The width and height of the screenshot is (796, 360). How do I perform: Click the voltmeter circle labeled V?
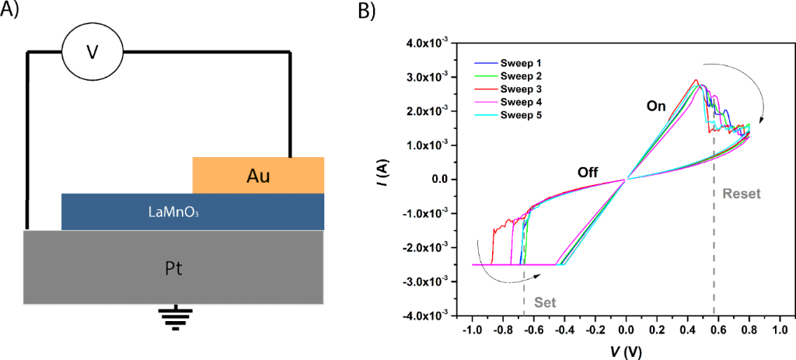92,52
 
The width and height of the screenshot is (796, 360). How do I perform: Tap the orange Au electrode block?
258,175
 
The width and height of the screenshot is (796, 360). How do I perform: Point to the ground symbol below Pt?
175,319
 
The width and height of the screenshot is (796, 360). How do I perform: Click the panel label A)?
12,11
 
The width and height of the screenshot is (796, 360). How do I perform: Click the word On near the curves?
656,107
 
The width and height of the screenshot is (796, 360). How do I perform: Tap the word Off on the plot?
587,173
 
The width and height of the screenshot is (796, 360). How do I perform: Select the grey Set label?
543,302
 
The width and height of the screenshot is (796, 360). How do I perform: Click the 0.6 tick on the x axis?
718,330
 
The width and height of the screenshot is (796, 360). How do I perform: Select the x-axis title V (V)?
626,351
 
